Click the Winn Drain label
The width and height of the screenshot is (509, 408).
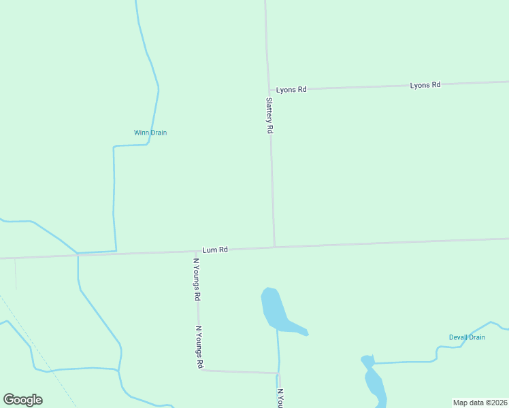point(150,133)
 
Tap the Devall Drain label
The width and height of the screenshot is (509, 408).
point(467,337)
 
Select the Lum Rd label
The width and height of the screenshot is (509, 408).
point(215,250)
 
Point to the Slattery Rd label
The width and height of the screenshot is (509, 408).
point(269,115)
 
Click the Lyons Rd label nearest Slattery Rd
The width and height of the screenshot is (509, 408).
point(291,89)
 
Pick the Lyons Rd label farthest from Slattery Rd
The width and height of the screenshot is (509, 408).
point(425,85)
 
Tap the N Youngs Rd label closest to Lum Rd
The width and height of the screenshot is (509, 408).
point(197,279)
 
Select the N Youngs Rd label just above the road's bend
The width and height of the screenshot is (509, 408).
point(199,347)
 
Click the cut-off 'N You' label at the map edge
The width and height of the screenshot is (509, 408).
point(280,398)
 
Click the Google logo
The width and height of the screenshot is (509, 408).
point(23,400)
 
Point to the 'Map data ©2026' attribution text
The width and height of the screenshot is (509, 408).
point(480,402)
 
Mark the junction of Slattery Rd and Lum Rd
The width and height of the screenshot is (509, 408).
point(274,248)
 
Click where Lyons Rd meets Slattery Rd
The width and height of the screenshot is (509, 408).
point(269,90)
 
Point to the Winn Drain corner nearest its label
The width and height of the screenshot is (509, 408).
point(114,146)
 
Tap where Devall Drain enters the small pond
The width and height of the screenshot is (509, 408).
point(373,363)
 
